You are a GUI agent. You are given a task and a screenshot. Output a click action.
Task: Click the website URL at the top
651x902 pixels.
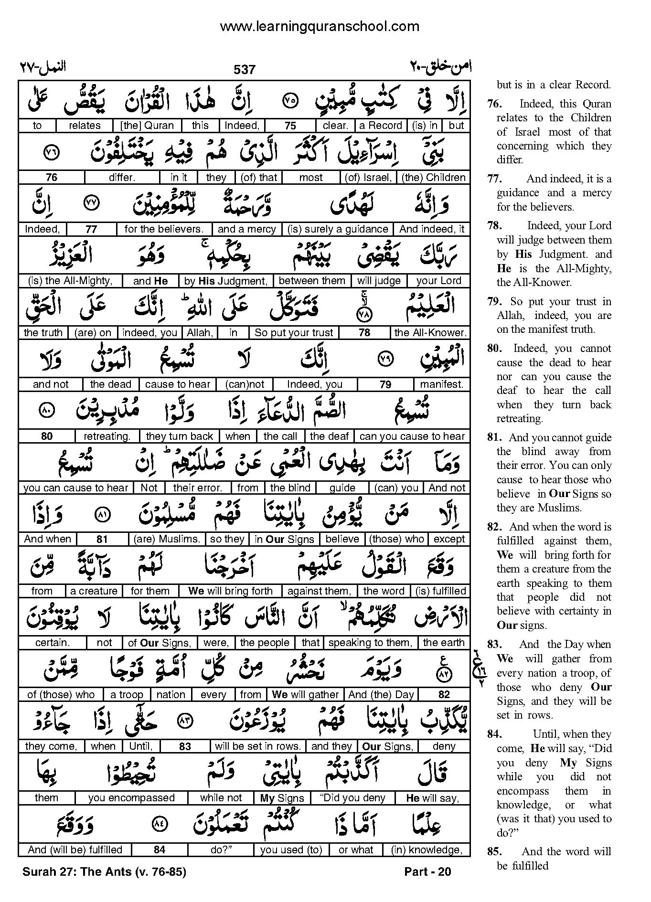click(x=320, y=26)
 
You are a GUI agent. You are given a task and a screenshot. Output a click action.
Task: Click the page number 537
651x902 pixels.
click(x=245, y=70)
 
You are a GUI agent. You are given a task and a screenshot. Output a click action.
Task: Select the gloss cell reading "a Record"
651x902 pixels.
click(x=380, y=126)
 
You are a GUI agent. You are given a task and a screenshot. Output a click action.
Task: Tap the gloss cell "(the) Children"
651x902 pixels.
click(x=433, y=178)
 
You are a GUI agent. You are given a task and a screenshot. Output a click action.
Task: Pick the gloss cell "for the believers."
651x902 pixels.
click(x=164, y=229)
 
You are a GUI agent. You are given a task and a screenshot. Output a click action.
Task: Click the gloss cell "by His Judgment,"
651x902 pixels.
click(x=226, y=281)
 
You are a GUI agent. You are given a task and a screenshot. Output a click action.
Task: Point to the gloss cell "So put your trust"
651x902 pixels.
click(x=294, y=333)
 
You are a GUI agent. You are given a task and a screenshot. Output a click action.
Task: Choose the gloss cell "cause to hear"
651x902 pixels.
click(x=178, y=384)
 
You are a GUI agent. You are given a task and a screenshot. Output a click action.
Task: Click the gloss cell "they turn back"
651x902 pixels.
click(x=179, y=436)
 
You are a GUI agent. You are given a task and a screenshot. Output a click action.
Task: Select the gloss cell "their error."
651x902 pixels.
click(x=198, y=488)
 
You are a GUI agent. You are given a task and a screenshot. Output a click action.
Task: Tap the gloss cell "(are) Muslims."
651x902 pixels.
click(x=167, y=539)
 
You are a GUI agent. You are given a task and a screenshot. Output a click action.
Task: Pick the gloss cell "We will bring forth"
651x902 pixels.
click(x=230, y=591)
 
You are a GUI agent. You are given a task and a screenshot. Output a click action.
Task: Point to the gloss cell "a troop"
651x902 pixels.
click(x=127, y=695)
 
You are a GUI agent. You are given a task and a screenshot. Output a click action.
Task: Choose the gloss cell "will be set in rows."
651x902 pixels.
click(x=257, y=746)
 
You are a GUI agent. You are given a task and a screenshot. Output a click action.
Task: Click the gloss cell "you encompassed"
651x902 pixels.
click(x=131, y=798)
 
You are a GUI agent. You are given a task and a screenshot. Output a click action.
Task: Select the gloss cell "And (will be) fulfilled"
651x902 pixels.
click(x=75, y=850)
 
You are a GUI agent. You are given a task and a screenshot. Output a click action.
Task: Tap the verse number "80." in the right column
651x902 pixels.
click(x=493, y=349)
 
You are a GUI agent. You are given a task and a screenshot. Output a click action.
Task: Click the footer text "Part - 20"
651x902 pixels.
click(x=427, y=872)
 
